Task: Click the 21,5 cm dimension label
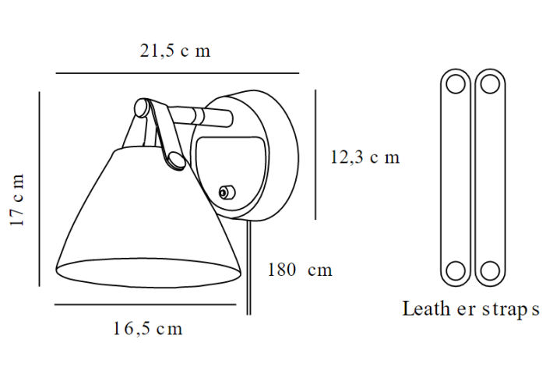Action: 175,51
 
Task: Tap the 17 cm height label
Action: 18,200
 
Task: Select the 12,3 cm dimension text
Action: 365,157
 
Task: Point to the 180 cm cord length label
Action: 300,270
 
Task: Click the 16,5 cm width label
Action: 147,329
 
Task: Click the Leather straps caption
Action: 470,309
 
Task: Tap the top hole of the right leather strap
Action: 489,83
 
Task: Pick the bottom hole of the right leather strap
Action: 489,270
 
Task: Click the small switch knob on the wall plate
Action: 227,192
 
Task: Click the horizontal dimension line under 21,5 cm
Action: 177,73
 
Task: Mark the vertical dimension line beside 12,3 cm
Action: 315,154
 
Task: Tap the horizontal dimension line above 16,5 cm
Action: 145,305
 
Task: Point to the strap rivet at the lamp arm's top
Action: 143,108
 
